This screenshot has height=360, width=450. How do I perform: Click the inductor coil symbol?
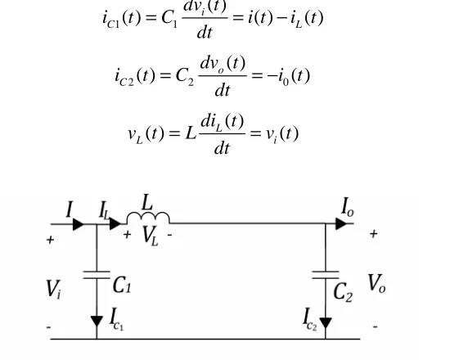pos(148,214)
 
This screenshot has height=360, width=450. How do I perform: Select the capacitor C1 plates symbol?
pos(97,275)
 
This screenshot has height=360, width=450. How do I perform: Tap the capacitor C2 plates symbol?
pos(326,275)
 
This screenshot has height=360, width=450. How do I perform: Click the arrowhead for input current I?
pos(79,224)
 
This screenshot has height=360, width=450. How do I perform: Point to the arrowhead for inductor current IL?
pos(115,223)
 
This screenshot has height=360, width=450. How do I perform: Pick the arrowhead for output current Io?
pos(341,223)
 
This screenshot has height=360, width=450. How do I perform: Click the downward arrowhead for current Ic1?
pos(97,322)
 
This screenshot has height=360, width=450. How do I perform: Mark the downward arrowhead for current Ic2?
pos(326,323)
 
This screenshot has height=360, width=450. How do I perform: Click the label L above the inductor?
pos(147,202)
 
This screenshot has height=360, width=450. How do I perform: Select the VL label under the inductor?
pos(150,236)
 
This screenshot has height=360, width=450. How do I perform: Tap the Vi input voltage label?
pos(54,289)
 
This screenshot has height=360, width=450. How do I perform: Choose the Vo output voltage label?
pos(377,283)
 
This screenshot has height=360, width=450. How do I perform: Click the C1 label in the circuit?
pos(122,285)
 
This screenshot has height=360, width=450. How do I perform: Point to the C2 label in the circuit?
pos(343,292)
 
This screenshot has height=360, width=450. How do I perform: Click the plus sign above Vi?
pos(50,240)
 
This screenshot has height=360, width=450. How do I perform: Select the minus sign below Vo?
pos(375,326)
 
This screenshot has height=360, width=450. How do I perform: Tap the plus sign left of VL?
pos(127,235)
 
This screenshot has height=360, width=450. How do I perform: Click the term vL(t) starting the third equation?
pos(146,134)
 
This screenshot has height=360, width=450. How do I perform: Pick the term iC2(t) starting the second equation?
pos(135,77)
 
